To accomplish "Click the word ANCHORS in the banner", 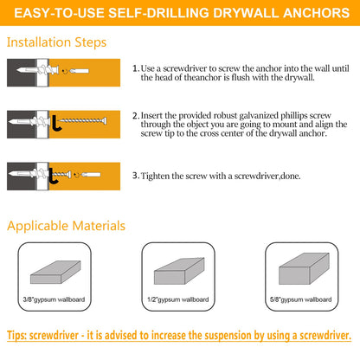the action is click(317, 13).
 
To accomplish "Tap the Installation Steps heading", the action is click(56, 42).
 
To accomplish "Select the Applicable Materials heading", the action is click(66, 226).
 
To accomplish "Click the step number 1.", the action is click(136, 68).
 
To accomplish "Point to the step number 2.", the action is click(136, 116).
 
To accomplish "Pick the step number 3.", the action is click(136, 176).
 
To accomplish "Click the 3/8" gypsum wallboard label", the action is click(54, 299).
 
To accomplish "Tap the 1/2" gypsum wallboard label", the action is click(178, 299).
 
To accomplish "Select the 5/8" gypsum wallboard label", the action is click(301, 299).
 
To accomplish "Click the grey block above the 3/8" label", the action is click(55, 273).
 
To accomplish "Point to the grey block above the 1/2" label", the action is click(179, 271).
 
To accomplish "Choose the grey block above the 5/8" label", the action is click(304, 268).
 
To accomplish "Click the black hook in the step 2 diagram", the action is click(56, 123).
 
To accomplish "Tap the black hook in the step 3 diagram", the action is click(53, 176).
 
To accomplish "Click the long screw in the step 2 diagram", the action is click(83, 120).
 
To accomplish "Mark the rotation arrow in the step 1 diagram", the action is click(65, 71).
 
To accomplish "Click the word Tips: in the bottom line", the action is click(17, 335).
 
